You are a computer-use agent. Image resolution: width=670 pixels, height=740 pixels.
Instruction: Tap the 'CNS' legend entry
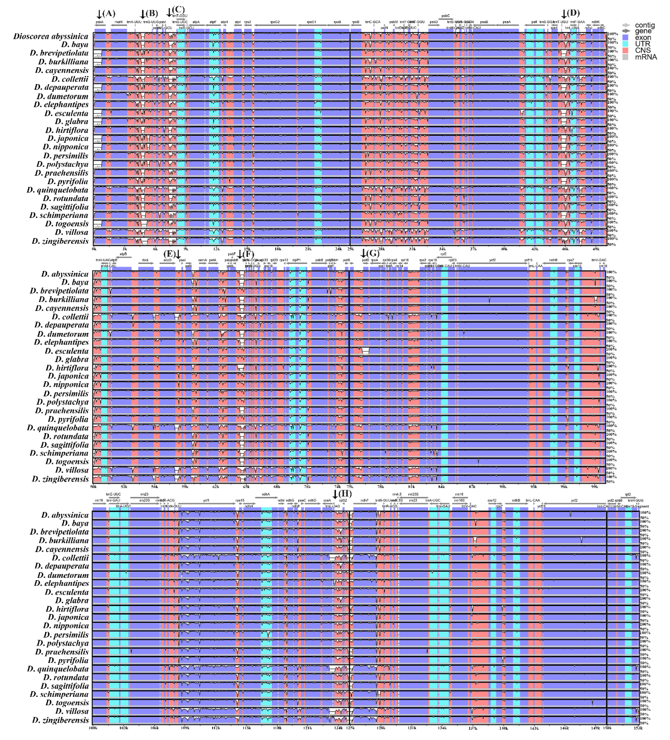coord(643,50)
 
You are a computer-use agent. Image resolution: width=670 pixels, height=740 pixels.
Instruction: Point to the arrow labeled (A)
coord(99,14)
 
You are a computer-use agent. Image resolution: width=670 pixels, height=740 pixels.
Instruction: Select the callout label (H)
coord(345,494)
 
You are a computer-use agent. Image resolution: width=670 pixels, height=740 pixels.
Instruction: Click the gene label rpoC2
coord(275,22)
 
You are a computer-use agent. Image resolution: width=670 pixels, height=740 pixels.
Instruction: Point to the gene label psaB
coord(484,22)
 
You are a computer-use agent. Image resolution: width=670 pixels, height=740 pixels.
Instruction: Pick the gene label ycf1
coord(206,500)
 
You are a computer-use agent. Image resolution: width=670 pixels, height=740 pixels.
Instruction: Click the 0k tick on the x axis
coord(94,249)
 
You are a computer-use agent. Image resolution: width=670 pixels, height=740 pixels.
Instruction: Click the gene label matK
coord(119,22)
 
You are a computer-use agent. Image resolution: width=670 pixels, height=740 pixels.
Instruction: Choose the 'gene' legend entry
coord(643,31)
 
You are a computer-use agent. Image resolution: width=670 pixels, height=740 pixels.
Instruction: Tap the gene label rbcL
coord(145,260)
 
